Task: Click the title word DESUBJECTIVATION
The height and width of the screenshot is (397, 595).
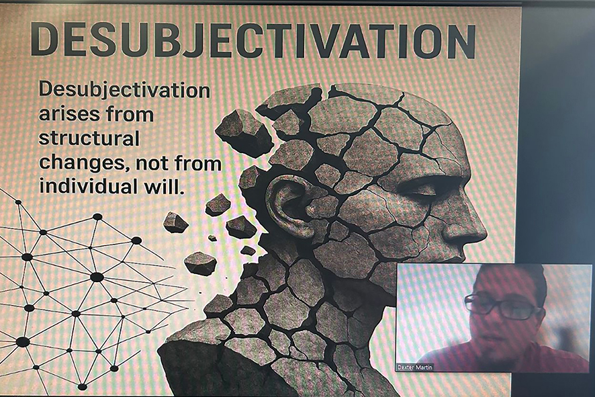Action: click(253, 40)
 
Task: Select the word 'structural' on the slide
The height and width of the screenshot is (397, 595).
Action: click(89, 138)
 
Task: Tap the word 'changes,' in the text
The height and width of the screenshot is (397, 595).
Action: click(84, 164)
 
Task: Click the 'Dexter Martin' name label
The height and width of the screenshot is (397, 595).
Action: click(415, 367)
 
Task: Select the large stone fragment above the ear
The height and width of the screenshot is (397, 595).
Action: click(244, 131)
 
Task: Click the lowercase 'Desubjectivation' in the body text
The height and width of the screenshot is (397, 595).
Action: click(124, 90)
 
